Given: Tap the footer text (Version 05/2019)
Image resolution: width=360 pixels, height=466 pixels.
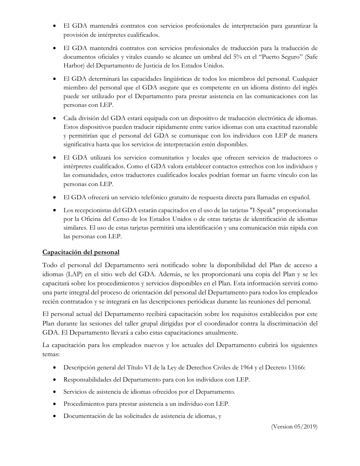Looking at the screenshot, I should tap(294, 427).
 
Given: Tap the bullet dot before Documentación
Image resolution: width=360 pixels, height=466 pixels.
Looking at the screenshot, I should tap(55, 416).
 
